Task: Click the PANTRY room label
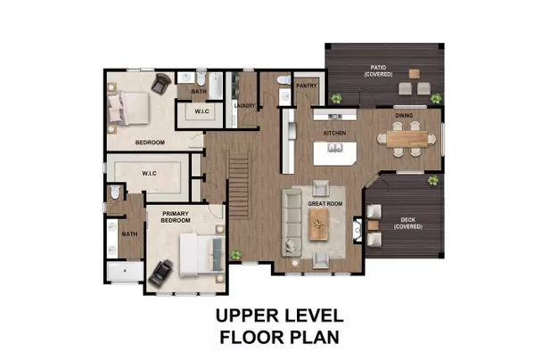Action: click(307, 86)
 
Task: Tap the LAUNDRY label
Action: click(244, 106)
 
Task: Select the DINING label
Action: click(404, 116)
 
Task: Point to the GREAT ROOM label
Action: click(325, 204)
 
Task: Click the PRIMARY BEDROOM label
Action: click(176, 217)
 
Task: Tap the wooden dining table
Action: click(407, 139)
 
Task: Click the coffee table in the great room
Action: click(319, 225)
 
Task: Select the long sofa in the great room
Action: click(292, 223)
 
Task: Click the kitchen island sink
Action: click(334, 148)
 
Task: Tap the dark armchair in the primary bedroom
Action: click(161, 273)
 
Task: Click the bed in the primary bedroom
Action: click(202, 254)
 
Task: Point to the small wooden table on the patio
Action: click(415, 74)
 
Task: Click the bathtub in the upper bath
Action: click(216, 86)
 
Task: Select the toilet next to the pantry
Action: click(284, 80)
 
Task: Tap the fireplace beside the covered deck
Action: click(358, 230)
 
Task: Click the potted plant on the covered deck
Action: click(433, 180)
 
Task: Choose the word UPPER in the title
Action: click(250, 315)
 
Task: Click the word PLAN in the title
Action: click(315, 337)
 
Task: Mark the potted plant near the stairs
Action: click(235, 254)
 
